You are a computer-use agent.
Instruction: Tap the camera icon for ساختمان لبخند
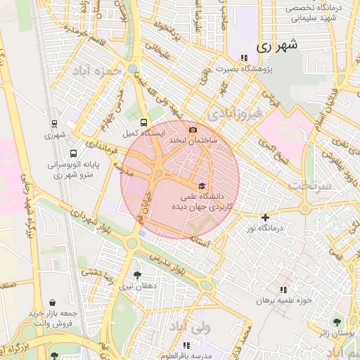pyautogui.click(x=193, y=129)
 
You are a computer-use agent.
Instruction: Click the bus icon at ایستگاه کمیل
pyautogui.click(x=143, y=122)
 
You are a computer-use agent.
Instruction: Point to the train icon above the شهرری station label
pyautogui.click(x=55, y=124)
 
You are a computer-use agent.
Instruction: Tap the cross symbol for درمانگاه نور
pyautogui.click(x=265, y=218)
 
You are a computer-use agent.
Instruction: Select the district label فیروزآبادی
pyautogui.click(x=236, y=112)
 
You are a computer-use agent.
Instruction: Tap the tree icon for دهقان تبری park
pyautogui.click(x=136, y=276)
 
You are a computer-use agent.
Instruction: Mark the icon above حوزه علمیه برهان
pyautogui.click(x=283, y=290)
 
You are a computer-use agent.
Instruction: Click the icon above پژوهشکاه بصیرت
pyautogui.click(x=243, y=58)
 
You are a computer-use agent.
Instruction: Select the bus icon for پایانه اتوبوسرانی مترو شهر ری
pyautogui.click(x=74, y=153)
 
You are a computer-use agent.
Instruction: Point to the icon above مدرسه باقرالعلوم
pyautogui.click(x=186, y=345)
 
